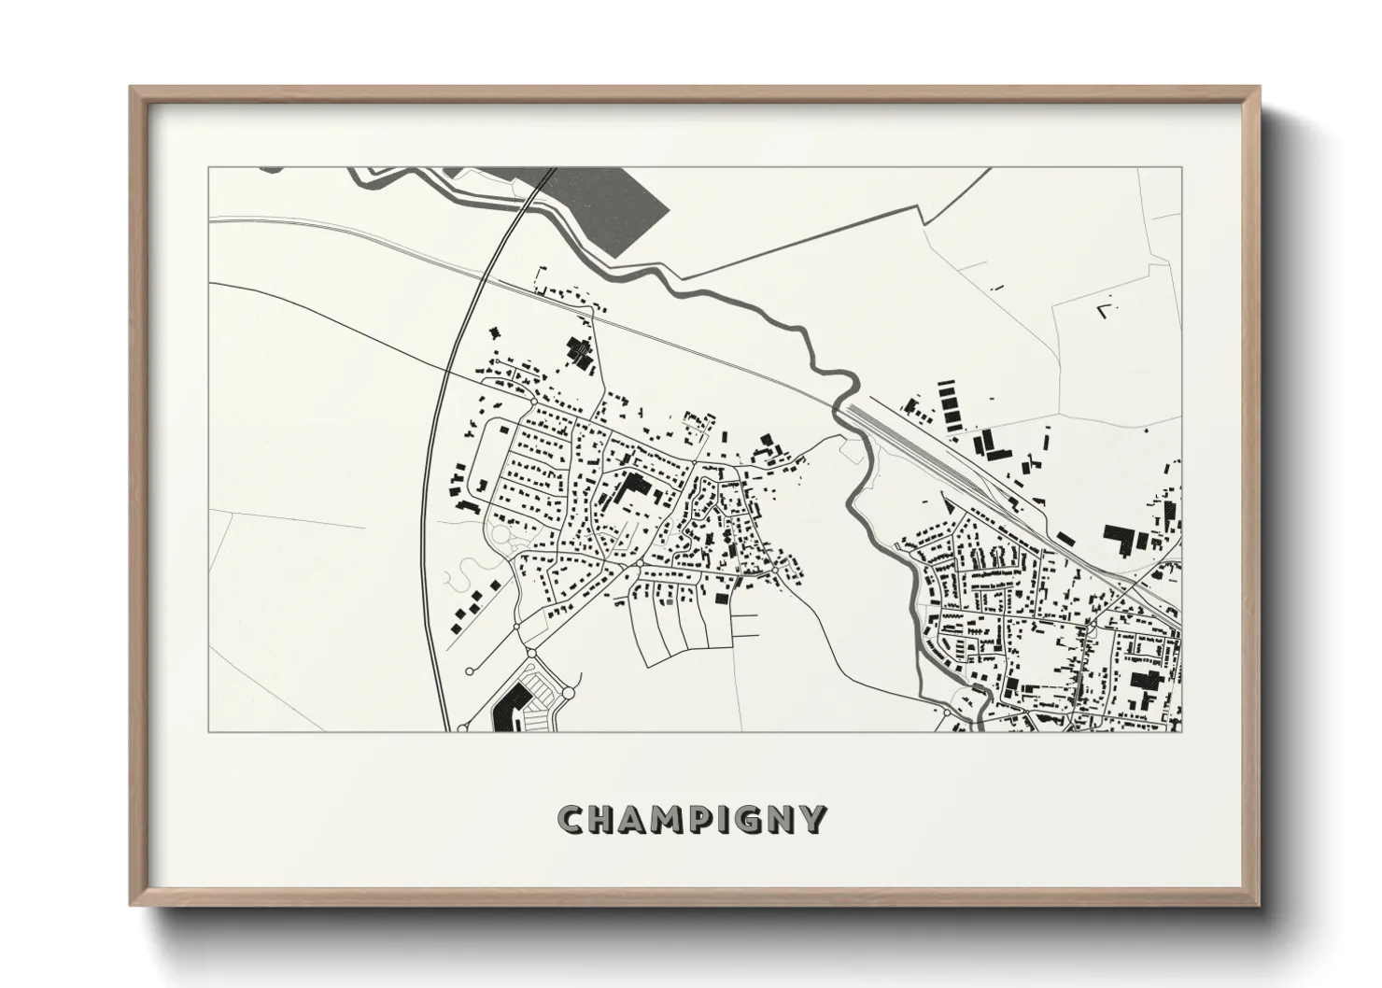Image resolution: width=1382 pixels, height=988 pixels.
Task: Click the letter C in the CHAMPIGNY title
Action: coord(571,820)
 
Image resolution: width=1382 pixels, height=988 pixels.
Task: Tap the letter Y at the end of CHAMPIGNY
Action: coord(812,820)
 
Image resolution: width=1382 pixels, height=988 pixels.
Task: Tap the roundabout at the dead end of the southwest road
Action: coord(470,669)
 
